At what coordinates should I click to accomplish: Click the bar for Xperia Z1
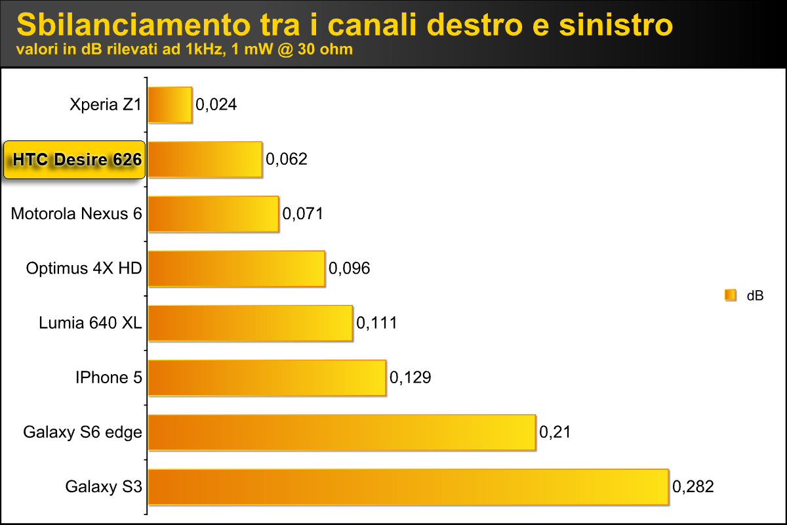tap(170, 104)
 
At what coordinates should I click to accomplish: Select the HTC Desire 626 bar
tap(205, 159)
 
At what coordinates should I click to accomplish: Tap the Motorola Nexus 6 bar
tap(213, 213)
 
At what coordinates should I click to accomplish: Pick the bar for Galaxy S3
tap(408, 486)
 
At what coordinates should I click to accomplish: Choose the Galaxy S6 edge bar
tap(342, 432)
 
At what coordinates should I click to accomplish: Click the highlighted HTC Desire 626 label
tap(73, 159)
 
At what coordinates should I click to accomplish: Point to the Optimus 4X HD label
tap(84, 268)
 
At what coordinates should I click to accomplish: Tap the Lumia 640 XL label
tap(91, 323)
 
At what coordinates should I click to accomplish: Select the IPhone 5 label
tap(109, 377)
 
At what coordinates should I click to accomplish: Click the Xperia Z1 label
tap(106, 104)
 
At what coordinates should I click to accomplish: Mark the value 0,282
tap(693, 487)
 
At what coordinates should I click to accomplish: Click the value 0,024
tap(216, 104)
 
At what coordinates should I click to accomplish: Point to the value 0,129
tap(410, 378)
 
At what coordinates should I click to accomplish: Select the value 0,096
tap(349, 268)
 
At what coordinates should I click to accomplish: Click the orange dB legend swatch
tap(730, 296)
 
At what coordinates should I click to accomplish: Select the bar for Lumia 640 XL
tap(251, 323)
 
